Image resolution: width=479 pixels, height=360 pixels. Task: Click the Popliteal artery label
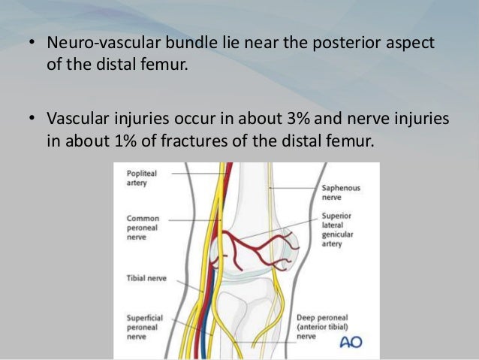(x=138, y=177)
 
